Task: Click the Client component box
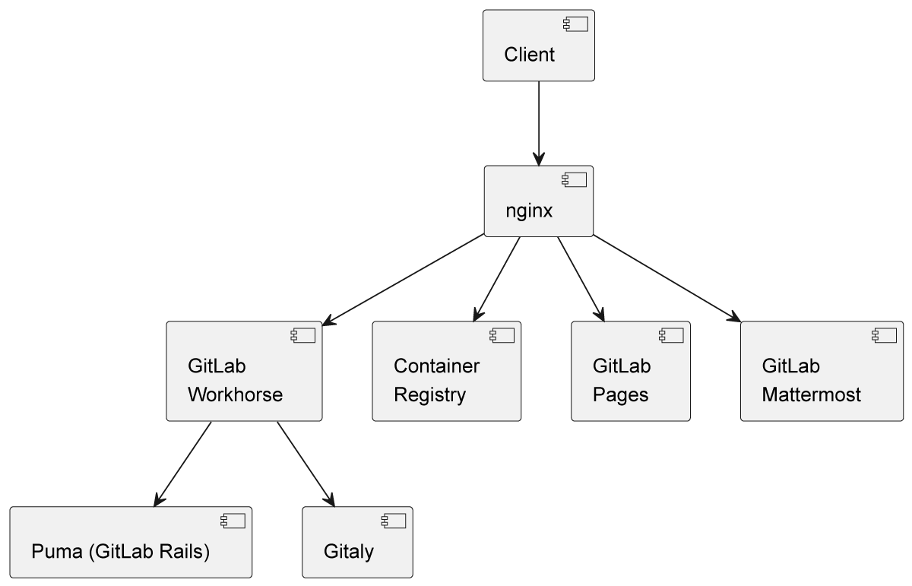[538, 46]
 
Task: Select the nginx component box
[538, 201]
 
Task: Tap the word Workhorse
[235, 394]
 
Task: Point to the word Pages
[620, 394]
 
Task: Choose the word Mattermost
[811, 394]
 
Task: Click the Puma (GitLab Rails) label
[120, 551]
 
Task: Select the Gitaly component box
[357, 543]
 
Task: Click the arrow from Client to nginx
[539, 122]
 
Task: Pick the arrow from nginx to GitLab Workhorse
[403, 277]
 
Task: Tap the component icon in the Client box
[575, 24]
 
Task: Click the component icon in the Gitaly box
[393, 521]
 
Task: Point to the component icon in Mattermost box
[884, 335]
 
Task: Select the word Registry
[429, 394]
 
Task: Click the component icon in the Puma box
[233, 521]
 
